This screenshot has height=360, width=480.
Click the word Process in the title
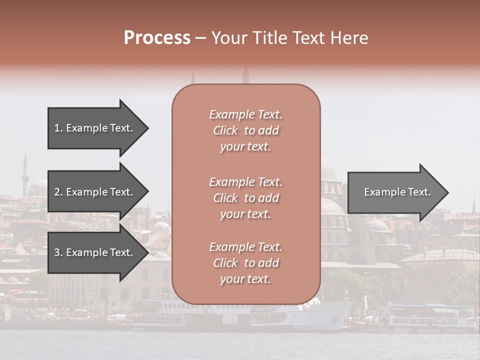click(x=157, y=38)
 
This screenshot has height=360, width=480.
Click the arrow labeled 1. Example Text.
click(x=95, y=128)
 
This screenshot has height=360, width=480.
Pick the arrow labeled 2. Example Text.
click(x=95, y=192)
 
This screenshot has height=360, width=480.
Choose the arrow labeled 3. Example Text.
click(x=95, y=252)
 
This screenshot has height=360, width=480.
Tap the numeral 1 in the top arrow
click(x=57, y=128)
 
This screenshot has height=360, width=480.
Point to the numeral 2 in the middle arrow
click(x=57, y=192)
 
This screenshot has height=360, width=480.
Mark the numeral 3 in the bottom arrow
click(x=57, y=252)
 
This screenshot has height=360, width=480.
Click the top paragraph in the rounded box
click(x=245, y=130)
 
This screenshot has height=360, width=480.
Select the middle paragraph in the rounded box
click(x=245, y=198)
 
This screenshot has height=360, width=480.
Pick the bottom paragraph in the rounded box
click(x=245, y=263)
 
